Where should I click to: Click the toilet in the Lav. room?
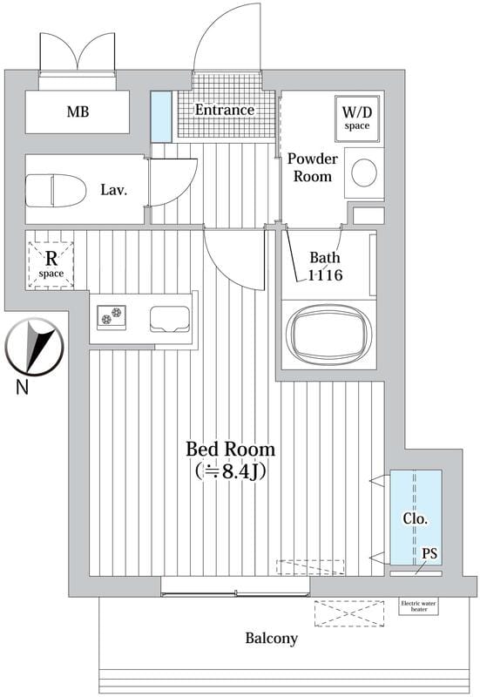(56, 191)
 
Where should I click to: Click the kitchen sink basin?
(170, 319)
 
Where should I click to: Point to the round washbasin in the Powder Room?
(364, 173)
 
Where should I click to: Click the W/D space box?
(357, 118)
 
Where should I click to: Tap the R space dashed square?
(51, 265)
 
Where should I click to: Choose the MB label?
(78, 112)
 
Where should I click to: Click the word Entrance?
(225, 110)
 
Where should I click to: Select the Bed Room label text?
(230, 450)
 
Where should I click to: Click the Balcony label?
(272, 639)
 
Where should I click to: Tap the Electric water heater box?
(419, 606)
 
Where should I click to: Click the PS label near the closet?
(429, 553)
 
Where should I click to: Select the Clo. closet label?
(416, 518)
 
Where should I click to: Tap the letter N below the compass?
(23, 387)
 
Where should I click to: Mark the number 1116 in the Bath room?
(325, 275)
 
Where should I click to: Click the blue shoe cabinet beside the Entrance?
(161, 116)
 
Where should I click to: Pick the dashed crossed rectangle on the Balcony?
(349, 614)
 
